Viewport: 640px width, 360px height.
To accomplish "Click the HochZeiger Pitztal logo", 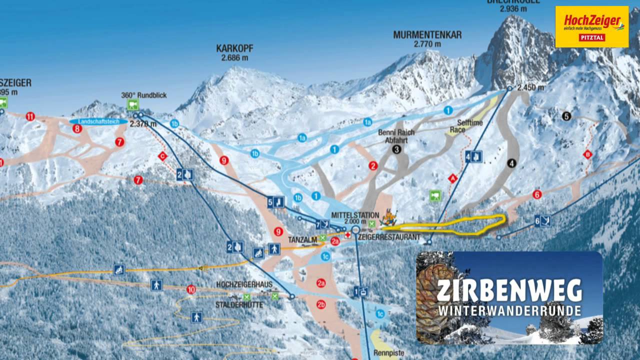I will pos(591,26).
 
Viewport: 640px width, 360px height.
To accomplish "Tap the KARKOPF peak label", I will pos(234,48).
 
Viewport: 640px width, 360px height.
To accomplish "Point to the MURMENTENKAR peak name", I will pos(427,35).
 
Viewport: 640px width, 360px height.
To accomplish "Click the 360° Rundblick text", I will pos(143,95).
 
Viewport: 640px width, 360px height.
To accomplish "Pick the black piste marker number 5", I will pos(566,116).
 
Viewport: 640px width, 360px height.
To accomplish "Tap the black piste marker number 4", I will pos(510,162).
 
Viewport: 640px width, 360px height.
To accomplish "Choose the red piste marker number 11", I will pos(30,117).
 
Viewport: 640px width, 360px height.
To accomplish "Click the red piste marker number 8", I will pos(77,129).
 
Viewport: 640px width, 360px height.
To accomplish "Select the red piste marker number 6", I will pos(537,194).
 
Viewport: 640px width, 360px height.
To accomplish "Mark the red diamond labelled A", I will pos(453,177).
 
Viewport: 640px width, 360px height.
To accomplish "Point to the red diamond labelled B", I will pos(587,155).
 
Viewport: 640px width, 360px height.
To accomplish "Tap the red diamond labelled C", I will pos(162,156).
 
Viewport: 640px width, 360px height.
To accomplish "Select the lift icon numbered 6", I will pos(543,220).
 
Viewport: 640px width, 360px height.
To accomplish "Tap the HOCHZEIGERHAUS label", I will pos(244,284).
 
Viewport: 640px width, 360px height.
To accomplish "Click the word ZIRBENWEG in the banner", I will pos(509,290).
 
